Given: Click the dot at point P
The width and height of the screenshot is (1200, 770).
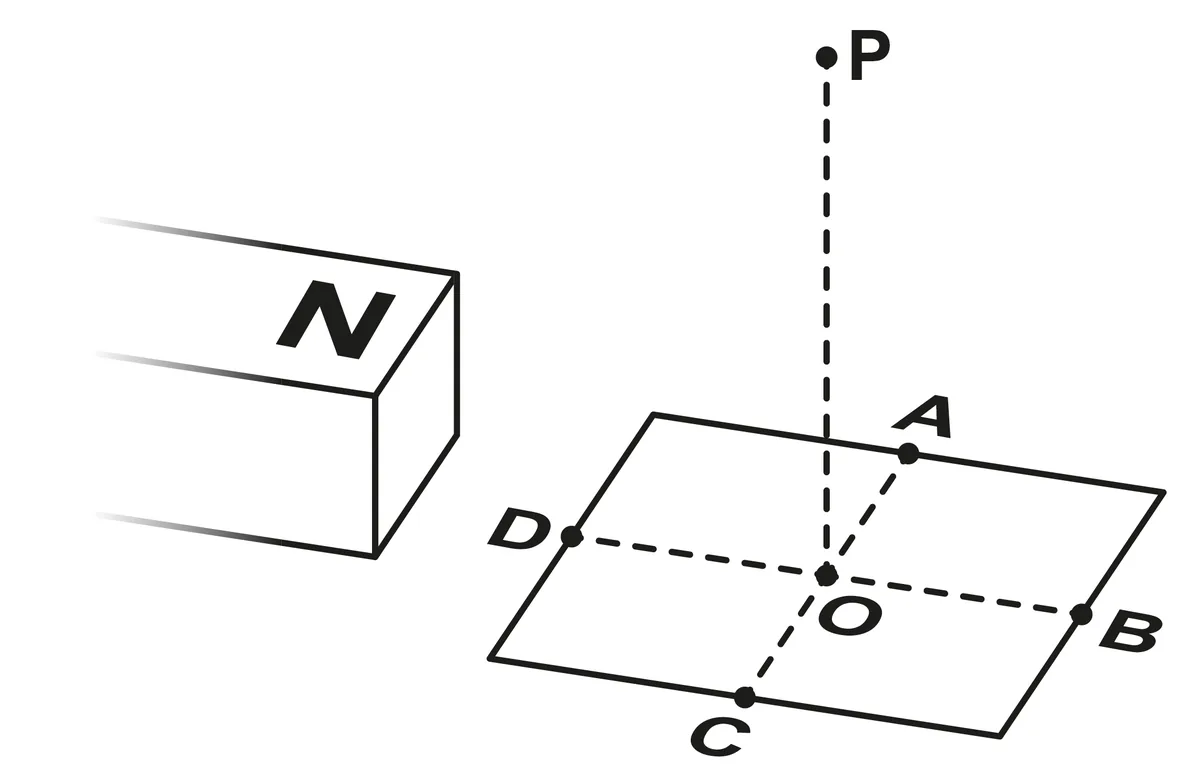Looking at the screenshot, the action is point(826,57).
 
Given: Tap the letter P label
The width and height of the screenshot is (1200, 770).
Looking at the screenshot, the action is point(870,56).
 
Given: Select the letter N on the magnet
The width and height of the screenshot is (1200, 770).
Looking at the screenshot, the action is point(336,319).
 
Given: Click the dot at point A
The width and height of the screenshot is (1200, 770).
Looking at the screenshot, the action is point(908,453).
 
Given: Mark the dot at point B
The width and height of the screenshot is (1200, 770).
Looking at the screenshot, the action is point(1081,614).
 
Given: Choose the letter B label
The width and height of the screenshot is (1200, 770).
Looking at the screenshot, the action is point(1130,633).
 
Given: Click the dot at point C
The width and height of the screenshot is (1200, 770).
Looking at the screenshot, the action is point(745,697).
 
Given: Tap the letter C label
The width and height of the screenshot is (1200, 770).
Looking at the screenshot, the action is point(720,737).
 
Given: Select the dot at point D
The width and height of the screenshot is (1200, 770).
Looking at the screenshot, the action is point(572,536).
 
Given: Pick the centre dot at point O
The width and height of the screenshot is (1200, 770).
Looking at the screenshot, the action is point(826,575).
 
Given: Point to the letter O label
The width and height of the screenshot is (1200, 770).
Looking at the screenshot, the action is point(850,617).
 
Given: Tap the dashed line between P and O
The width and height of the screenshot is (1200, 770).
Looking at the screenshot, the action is point(827,316).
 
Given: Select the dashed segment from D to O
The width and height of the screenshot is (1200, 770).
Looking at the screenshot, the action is point(699,556).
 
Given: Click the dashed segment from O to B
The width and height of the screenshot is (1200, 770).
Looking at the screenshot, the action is point(954,595).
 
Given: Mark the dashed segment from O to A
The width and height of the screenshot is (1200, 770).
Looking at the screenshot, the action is point(867,514).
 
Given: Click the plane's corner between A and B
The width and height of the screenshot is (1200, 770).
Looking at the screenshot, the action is point(1164,492).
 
